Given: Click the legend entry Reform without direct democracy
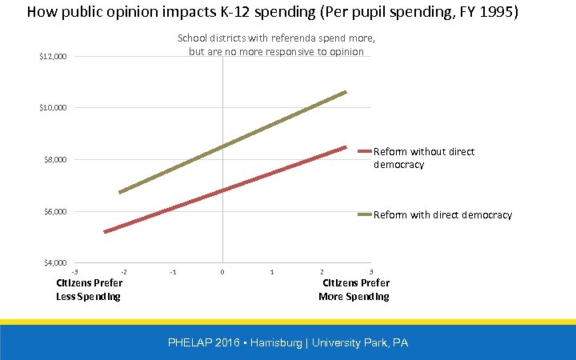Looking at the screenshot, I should pyautogui.click(x=423, y=158).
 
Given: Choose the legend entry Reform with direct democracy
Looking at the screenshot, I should pyautogui.click(x=442, y=214).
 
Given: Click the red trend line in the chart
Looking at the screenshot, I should pyautogui.click(x=224, y=190).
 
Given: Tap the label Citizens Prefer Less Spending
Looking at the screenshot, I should pyautogui.click(x=89, y=290).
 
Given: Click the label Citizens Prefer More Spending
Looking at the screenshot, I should pyautogui.click(x=354, y=290).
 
